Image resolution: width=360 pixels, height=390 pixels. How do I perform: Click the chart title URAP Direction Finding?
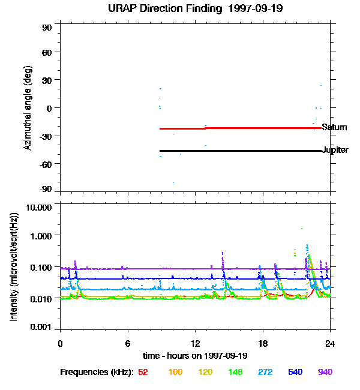pyautogui.click(x=181, y=9)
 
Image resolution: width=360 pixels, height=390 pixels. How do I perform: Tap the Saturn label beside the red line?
pyautogui.click(x=334, y=127)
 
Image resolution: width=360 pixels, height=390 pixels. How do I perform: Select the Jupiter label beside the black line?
pyautogui.click(x=335, y=150)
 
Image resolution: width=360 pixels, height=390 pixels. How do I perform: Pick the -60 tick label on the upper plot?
pyautogui.click(x=46, y=163)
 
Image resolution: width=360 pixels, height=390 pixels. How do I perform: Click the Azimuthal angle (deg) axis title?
pyautogui.click(x=28, y=109)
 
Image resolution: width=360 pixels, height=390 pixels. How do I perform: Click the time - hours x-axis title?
pyautogui.click(x=194, y=355)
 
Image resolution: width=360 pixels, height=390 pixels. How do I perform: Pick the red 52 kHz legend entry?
pyautogui.click(x=143, y=372)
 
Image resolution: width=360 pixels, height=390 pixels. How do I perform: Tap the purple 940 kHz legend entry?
pyautogui.click(x=325, y=372)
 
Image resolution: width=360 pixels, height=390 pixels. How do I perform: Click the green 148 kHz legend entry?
pyautogui.click(x=235, y=372)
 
